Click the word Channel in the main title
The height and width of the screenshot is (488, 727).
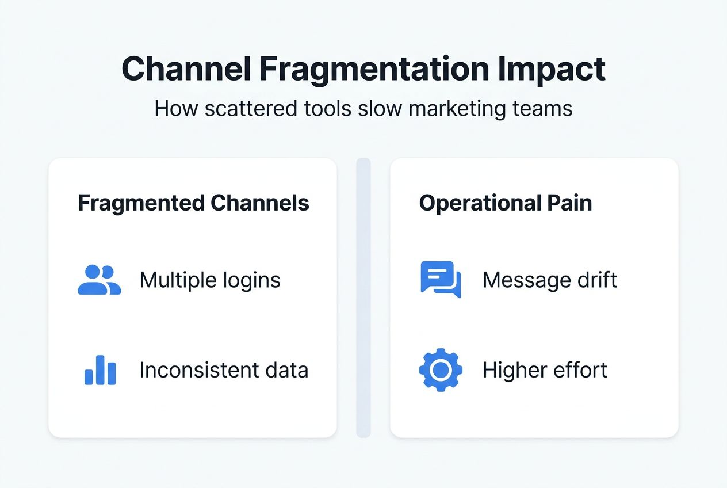click(186, 70)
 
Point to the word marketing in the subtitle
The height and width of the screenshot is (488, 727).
click(447, 109)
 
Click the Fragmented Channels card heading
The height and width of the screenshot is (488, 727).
click(193, 203)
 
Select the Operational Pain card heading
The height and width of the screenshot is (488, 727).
click(505, 203)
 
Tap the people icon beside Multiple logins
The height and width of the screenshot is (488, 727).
click(99, 280)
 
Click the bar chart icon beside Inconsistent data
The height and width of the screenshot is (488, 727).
click(100, 370)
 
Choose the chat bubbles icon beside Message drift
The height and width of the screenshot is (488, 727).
click(441, 280)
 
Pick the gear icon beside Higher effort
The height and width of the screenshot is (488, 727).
click(441, 370)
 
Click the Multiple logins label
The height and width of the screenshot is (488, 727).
click(210, 280)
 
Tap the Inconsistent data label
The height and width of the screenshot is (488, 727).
click(224, 370)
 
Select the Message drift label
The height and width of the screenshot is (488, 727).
click(550, 280)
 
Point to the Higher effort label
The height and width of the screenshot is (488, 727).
click(545, 370)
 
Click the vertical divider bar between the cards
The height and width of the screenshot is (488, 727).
click(363, 297)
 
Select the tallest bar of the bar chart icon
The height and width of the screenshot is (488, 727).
click(100, 369)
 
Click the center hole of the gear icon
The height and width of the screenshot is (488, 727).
click(441, 370)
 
